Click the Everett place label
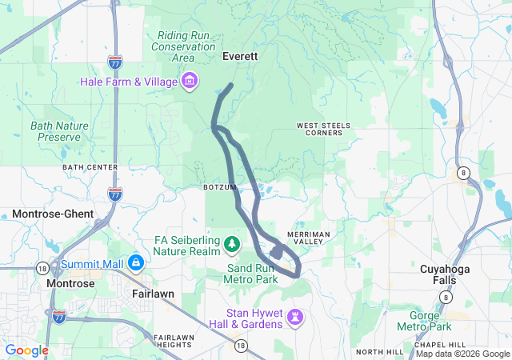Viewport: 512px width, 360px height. [239, 57]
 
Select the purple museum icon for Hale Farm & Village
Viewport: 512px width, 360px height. [190, 81]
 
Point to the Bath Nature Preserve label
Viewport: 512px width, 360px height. [55, 131]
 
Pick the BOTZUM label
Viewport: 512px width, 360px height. [220, 187]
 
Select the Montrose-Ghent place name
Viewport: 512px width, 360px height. [53, 214]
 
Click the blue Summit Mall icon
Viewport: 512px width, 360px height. [135, 262]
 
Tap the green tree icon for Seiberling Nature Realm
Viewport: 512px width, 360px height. [231, 242]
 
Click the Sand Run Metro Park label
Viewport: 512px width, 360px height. [252, 274]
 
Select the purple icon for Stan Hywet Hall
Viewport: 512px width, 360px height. [296, 317]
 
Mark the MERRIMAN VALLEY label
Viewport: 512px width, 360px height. [307, 238]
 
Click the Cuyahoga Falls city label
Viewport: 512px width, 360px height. [448, 276]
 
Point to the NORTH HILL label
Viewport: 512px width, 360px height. [377, 352]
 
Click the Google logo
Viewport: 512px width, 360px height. [26, 350]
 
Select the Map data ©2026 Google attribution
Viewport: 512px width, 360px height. [462, 354]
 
